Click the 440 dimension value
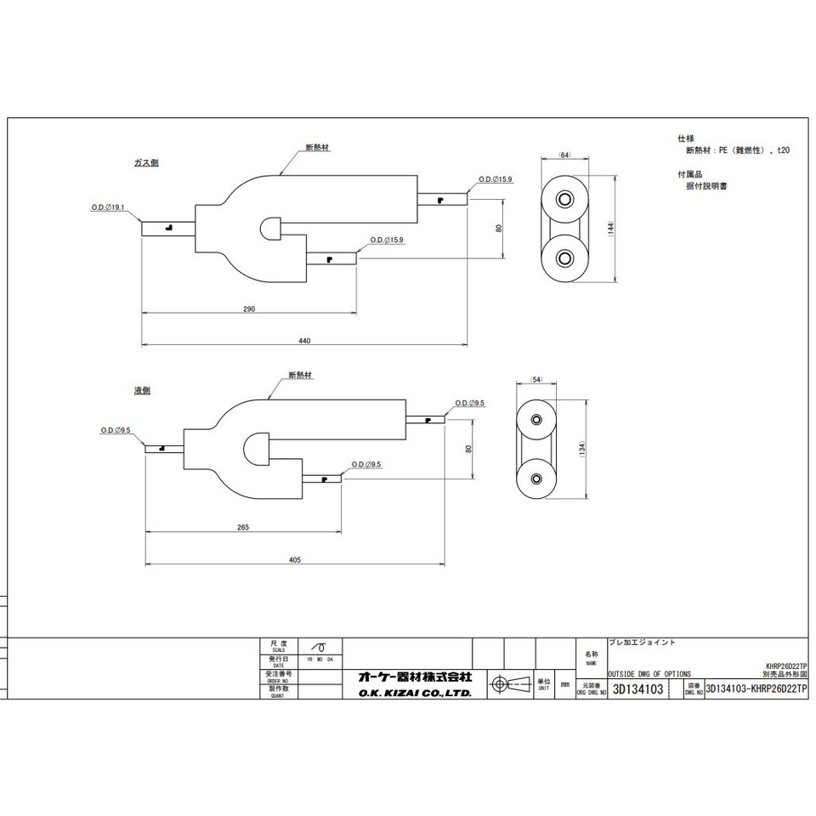pyautogui.click(x=304, y=341)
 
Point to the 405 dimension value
pyautogui.click(x=295, y=560)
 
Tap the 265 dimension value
pyautogui.click(x=243, y=528)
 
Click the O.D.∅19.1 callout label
pyautogui.click(x=108, y=207)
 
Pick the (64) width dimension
pyautogui.click(x=564, y=155)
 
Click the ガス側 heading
pyautogui.click(x=146, y=163)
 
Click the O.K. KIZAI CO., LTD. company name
pyautogui.click(x=414, y=694)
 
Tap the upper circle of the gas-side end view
pyautogui.click(x=564, y=198)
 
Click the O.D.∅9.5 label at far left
pyautogui.click(x=116, y=430)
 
